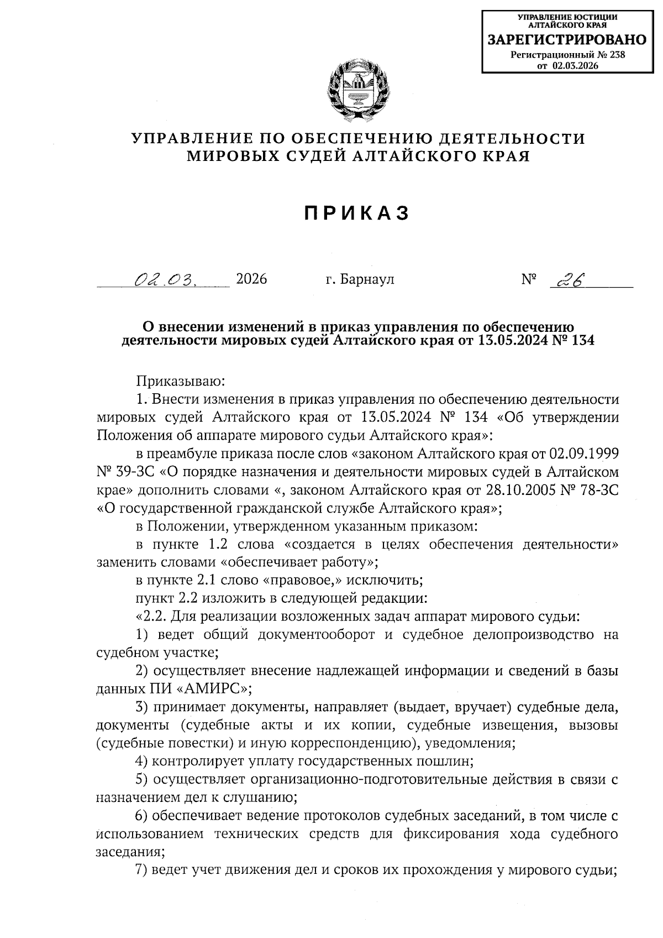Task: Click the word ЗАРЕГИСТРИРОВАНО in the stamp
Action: [567, 40]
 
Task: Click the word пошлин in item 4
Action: [449, 761]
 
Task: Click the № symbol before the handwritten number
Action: [529, 279]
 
